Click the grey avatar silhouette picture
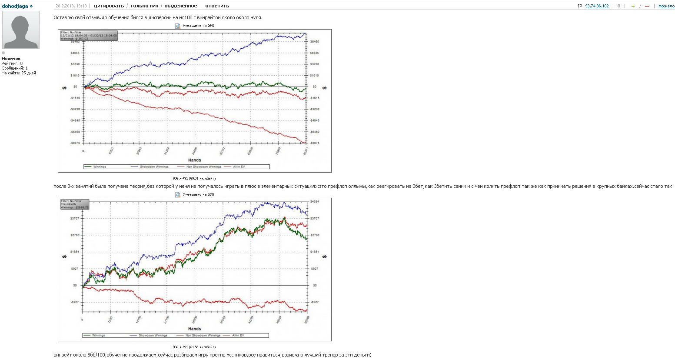pos(21,30)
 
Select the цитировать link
pos(109,6)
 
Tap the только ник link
pos(144,6)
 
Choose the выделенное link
pos(180,6)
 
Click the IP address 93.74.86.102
pos(597,6)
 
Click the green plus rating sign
pos(633,6)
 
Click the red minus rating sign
pos(647,6)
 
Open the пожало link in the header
pos(666,6)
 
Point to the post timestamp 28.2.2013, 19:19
pos(71,6)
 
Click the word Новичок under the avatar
pos(11,59)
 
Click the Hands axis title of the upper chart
pos(194,160)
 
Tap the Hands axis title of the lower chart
pos(194,329)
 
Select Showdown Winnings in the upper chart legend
pos(154,167)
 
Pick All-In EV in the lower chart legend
pos(238,335)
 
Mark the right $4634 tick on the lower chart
pos(315,202)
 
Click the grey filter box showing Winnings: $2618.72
pos(74,204)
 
